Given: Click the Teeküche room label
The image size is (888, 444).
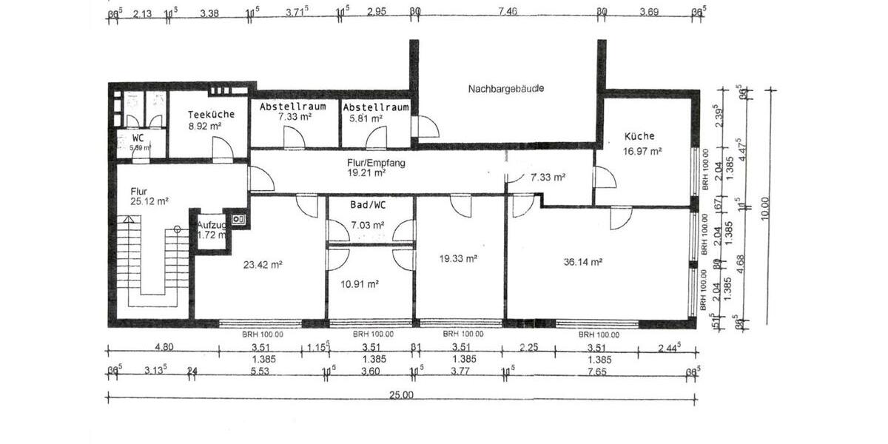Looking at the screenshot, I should [211, 115].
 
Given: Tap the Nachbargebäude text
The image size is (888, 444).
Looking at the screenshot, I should [506, 89].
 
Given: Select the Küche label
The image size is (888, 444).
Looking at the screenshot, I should [639, 136].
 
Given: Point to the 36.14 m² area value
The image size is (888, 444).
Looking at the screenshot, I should [582, 261].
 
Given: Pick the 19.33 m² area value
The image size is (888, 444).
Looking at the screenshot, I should [458, 258].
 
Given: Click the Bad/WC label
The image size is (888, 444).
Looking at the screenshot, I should [367, 203].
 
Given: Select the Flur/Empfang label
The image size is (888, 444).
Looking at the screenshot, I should [376, 162].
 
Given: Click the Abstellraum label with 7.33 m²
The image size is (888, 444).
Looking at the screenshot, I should [293, 107].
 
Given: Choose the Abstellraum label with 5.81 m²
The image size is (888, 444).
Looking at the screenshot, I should [376, 107].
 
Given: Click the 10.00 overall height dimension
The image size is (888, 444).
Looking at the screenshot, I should [765, 207].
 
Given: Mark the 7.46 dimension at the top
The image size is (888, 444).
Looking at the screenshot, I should [508, 12].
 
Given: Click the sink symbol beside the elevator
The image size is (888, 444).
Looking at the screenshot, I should [238, 219].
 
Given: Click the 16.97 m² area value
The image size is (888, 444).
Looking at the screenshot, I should [642, 151].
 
